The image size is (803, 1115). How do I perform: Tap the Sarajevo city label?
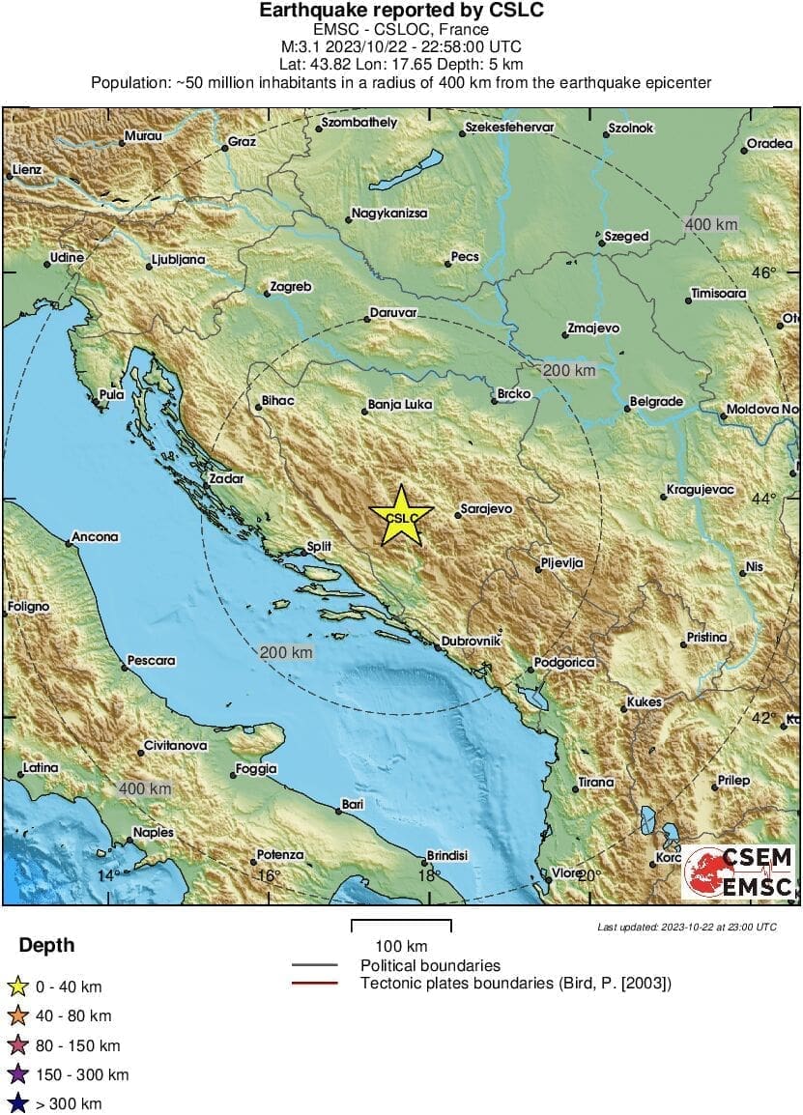[486, 508]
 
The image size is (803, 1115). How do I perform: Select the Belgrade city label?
[656, 401]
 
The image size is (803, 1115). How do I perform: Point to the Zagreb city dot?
[267, 293]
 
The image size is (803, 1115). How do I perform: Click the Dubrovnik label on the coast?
[470, 640]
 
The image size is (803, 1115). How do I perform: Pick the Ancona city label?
[95, 537]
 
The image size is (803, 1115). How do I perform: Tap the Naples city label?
[154, 832]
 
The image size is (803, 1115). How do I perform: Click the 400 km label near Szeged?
[710, 224]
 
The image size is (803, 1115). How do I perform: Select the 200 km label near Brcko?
[569, 370]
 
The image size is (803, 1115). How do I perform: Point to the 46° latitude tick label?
[763, 273]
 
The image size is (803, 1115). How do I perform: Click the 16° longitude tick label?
[268, 876]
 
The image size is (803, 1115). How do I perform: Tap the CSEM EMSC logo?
[738, 872]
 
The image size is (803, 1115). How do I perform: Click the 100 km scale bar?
[400, 926]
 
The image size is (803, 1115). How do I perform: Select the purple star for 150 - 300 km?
[16, 1074]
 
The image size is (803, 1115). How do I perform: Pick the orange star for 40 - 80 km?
[16, 1015]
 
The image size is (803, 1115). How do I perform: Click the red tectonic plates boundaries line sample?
[314, 984]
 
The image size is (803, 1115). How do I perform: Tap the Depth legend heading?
[46, 945]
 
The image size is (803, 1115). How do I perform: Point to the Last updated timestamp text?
[686, 927]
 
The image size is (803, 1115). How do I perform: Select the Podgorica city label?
[567, 662]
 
